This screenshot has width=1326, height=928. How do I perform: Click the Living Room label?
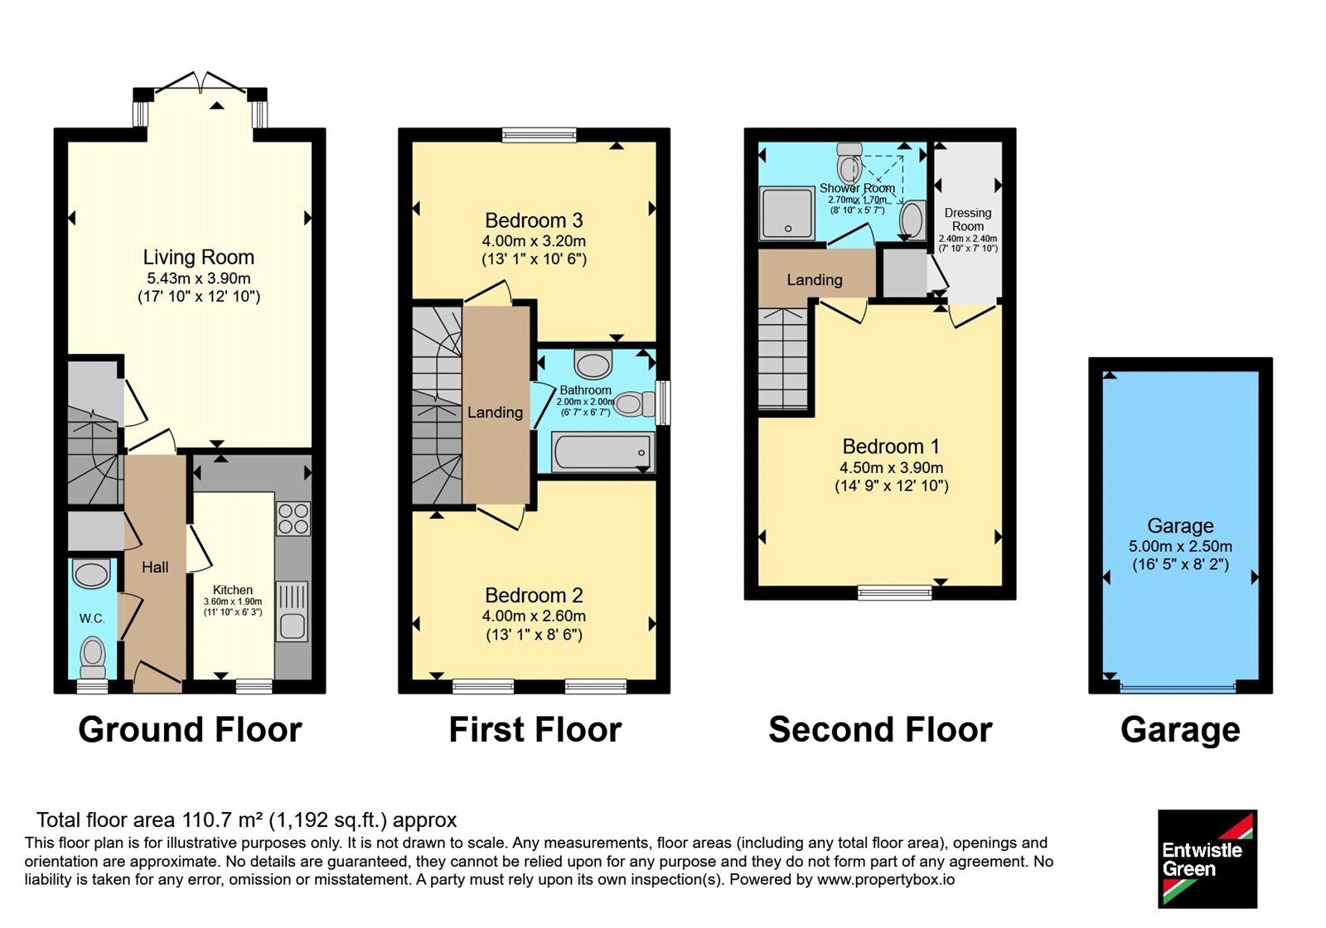tap(198, 257)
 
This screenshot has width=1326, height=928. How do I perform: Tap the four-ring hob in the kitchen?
tap(293, 519)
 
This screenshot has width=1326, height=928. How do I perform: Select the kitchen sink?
tap(292, 611)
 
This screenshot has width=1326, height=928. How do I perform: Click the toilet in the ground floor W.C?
tap(92, 657)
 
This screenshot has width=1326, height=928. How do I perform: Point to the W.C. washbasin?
tap(91, 573)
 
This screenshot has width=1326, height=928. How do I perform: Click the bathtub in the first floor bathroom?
tap(603, 452)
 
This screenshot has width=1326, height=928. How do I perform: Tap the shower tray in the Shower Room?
tap(787, 213)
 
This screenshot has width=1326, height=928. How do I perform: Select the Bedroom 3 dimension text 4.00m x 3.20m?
tap(534, 241)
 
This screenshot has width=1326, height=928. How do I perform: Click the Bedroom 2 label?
tap(534, 595)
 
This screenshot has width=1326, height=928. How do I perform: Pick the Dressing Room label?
tap(968, 220)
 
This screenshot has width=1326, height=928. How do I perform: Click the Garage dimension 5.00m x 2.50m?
tap(1180, 546)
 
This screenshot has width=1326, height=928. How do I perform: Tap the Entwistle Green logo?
tap(1207, 858)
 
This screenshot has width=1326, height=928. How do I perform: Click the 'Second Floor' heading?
tap(880, 729)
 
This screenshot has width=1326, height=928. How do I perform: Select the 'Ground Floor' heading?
tap(190, 729)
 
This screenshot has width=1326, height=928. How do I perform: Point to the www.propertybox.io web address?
tap(886, 879)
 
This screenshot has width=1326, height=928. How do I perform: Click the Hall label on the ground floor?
tap(155, 567)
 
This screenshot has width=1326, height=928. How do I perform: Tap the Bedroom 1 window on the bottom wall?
tap(894, 592)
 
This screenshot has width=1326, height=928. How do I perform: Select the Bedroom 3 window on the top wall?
tap(539, 135)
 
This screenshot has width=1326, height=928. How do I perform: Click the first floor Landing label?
tap(495, 412)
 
